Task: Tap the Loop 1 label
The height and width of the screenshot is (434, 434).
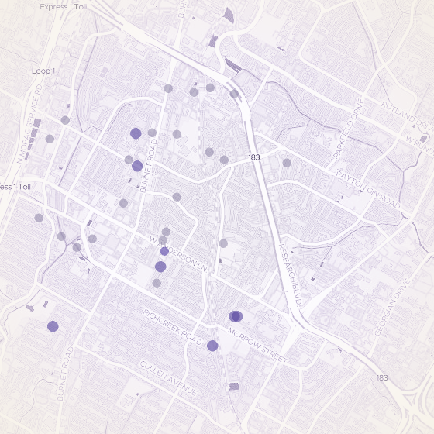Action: tap(43, 71)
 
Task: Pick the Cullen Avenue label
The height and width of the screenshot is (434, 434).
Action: tap(169, 377)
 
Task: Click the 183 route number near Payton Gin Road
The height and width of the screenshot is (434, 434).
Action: tap(253, 157)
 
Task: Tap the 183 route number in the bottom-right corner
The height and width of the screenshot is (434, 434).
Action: tap(381, 377)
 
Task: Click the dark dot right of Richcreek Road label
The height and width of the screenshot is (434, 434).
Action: tap(212, 346)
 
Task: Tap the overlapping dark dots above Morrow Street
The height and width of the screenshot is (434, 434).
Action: tap(236, 315)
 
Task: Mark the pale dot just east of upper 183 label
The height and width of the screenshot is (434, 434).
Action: tap(287, 163)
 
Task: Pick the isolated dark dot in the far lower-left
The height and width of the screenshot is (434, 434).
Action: tap(53, 326)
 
